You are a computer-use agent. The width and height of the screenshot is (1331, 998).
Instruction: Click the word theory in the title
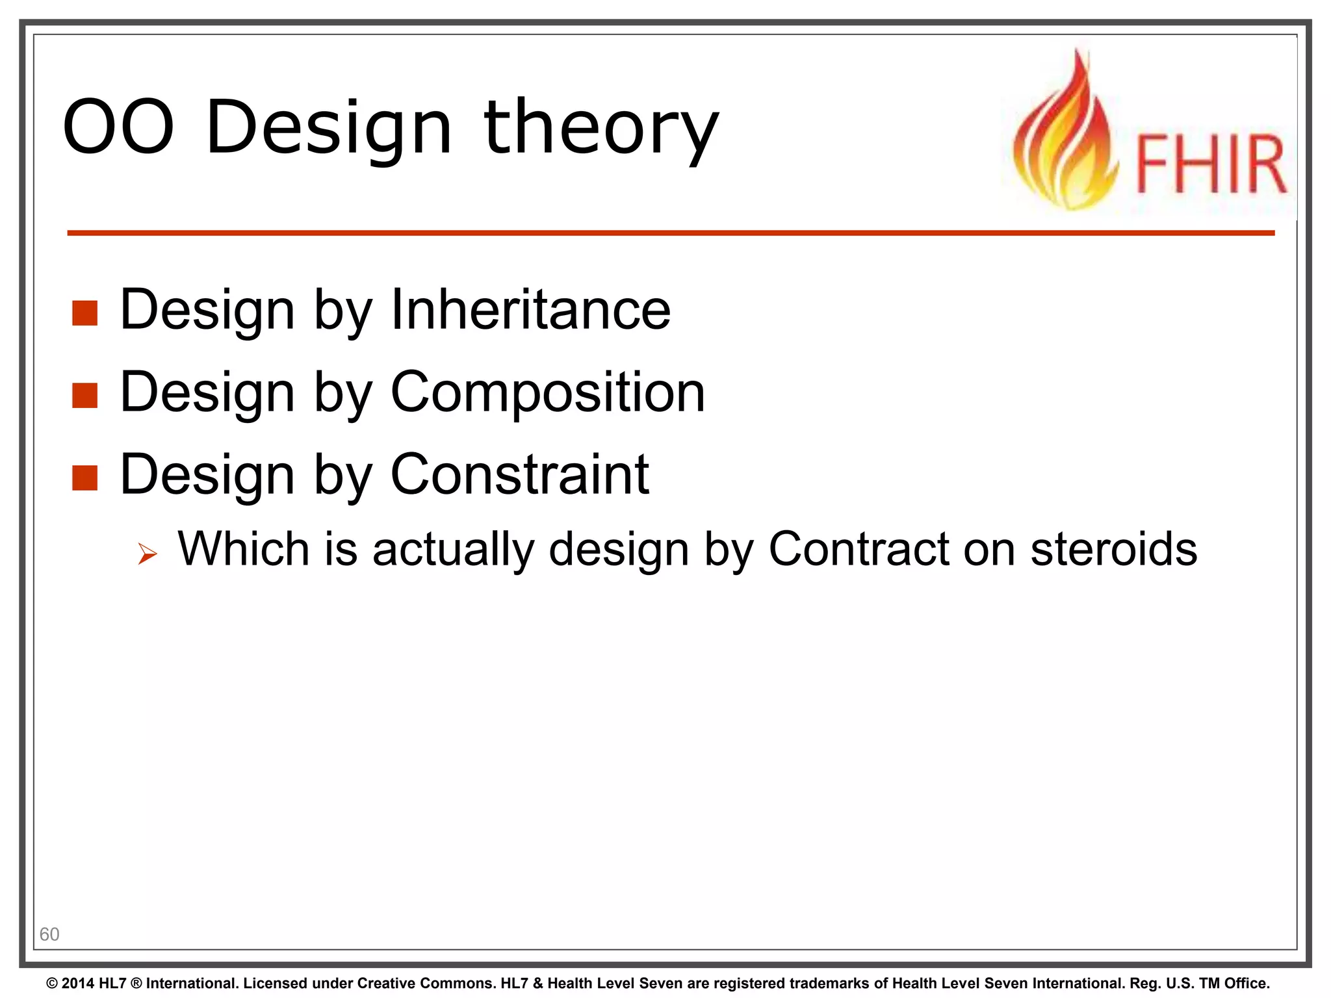click(x=601, y=129)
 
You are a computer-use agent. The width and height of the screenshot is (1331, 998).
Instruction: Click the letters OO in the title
click(x=118, y=127)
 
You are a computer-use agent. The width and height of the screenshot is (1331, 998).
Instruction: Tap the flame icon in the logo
click(x=1066, y=136)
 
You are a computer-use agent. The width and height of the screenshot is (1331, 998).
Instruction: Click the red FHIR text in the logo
click(x=1211, y=164)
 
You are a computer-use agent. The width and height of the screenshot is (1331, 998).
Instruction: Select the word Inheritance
click(x=530, y=310)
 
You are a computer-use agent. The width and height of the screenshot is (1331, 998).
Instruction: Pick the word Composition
click(x=547, y=392)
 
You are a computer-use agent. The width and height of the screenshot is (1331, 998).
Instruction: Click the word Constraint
click(x=519, y=475)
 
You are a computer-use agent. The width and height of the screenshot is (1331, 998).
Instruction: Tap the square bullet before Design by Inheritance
click(x=85, y=313)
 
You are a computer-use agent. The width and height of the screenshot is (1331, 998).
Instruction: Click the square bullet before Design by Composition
click(x=85, y=395)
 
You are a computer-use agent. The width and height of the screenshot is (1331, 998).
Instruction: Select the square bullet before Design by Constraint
click(x=85, y=478)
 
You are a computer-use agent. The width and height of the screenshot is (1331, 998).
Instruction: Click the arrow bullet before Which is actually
click(x=148, y=554)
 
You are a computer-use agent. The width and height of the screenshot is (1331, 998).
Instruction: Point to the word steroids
click(x=1113, y=550)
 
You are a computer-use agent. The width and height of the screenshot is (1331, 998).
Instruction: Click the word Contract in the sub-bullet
click(x=859, y=550)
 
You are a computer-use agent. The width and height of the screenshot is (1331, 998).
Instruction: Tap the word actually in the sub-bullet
click(x=453, y=550)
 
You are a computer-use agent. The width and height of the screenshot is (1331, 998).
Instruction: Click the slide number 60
click(x=49, y=934)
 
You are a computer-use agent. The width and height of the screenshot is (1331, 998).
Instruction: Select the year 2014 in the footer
click(x=78, y=984)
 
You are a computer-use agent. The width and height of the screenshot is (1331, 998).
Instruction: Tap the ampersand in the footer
click(x=537, y=984)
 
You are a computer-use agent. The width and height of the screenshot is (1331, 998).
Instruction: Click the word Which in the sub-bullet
click(x=244, y=550)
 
